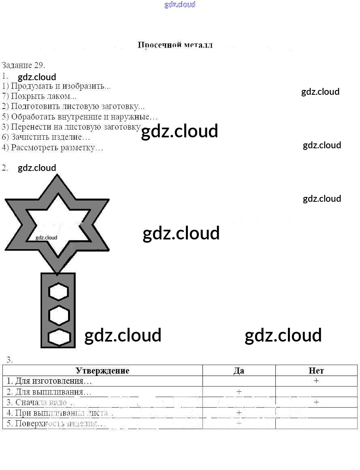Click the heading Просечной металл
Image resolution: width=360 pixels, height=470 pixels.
tap(175, 45)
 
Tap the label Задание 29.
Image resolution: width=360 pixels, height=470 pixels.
tap(23, 65)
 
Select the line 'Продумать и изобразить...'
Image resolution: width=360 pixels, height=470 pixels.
tap(56, 86)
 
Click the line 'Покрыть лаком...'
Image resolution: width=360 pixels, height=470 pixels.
tap(39, 96)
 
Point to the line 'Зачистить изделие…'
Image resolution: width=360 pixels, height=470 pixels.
tap(46, 137)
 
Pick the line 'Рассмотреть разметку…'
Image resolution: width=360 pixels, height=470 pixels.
tap(52, 147)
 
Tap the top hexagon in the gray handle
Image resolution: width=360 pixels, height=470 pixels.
tap(59, 292)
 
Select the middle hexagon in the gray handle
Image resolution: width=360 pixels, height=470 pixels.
tap(59, 315)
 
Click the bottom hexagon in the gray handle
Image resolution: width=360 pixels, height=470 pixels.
tap(59, 338)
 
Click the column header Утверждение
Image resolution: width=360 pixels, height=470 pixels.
tap(102, 370)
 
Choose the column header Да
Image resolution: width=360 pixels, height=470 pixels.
tap(239, 370)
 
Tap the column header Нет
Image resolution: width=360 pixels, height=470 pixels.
tap(316, 370)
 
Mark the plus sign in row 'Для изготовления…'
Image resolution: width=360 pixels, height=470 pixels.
tap(316, 381)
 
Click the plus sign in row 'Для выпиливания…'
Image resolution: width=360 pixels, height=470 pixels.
tap(239, 391)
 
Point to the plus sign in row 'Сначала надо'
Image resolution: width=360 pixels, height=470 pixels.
tap(316, 402)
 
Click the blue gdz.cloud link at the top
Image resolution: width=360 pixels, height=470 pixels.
tap(180, 4)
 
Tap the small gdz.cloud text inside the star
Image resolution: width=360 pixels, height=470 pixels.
tap(47, 238)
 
